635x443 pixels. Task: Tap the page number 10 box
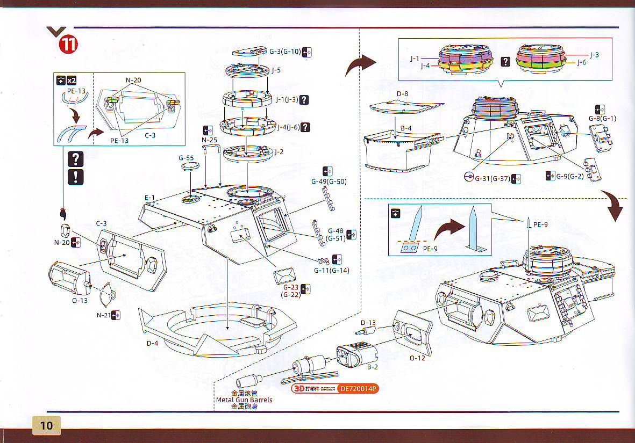point(47,425)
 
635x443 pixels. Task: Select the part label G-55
point(186,158)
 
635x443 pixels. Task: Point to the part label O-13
point(80,300)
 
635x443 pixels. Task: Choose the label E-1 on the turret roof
point(149,198)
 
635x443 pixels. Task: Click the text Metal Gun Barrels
point(244,400)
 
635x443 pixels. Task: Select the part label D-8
point(403,95)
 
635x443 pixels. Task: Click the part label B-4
point(406,128)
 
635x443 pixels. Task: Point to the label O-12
point(417,358)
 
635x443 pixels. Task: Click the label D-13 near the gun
point(368,323)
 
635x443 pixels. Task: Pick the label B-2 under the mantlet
point(372,367)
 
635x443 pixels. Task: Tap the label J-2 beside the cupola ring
point(279,152)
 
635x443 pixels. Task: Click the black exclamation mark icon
point(76,177)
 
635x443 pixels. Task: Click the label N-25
point(210,140)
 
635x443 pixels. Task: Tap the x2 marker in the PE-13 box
point(72,81)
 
